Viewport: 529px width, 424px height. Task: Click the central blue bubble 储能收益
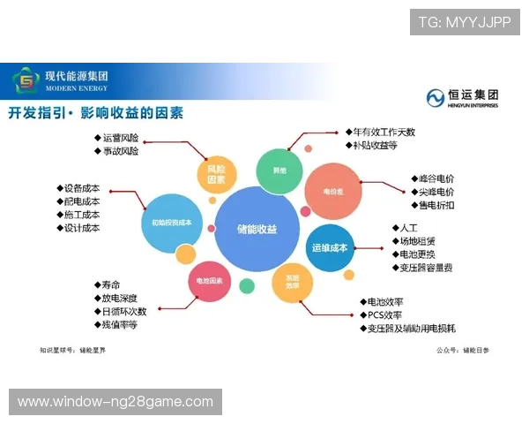(x=256, y=229)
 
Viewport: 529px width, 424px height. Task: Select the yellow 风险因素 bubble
(x=216, y=174)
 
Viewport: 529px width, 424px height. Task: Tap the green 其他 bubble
(x=279, y=170)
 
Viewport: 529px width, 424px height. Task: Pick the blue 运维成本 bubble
(x=330, y=247)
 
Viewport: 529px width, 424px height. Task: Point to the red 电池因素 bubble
(x=210, y=282)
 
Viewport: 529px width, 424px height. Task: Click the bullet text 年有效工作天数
(x=384, y=132)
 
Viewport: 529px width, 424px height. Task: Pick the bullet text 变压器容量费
(x=427, y=267)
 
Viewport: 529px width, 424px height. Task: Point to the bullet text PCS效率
(x=385, y=314)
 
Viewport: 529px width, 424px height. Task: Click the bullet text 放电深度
(x=120, y=298)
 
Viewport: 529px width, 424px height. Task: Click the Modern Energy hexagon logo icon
(x=26, y=82)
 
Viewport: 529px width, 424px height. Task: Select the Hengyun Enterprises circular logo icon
(x=436, y=97)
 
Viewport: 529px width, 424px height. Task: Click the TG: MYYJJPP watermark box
(x=465, y=22)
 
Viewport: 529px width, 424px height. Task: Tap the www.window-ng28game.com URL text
(x=115, y=402)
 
